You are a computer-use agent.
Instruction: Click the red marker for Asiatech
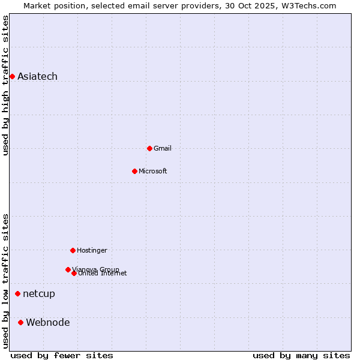click(x=12, y=76)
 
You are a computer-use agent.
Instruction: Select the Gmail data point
click(x=149, y=148)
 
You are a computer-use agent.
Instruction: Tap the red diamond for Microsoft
click(x=134, y=171)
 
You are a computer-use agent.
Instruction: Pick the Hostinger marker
click(x=73, y=250)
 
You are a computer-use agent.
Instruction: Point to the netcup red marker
click(x=17, y=293)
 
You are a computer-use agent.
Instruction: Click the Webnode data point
click(x=20, y=322)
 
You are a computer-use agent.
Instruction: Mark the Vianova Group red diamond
click(x=68, y=269)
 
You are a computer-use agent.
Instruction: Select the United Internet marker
click(x=74, y=273)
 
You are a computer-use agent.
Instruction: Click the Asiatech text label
click(x=37, y=76)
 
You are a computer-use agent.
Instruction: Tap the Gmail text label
click(x=163, y=148)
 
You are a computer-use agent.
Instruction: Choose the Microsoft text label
click(x=153, y=171)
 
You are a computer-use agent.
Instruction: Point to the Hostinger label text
click(x=92, y=250)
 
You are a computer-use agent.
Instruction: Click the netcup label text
click(x=39, y=293)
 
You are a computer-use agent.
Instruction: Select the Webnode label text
click(x=48, y=322)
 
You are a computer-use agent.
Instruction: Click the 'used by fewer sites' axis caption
click(x=62, y=355)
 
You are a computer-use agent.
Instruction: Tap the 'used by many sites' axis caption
click(x=301, y=355)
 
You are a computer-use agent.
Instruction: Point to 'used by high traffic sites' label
click(x=6, y=85)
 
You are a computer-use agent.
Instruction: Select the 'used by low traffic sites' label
click(x=6, y=280)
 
